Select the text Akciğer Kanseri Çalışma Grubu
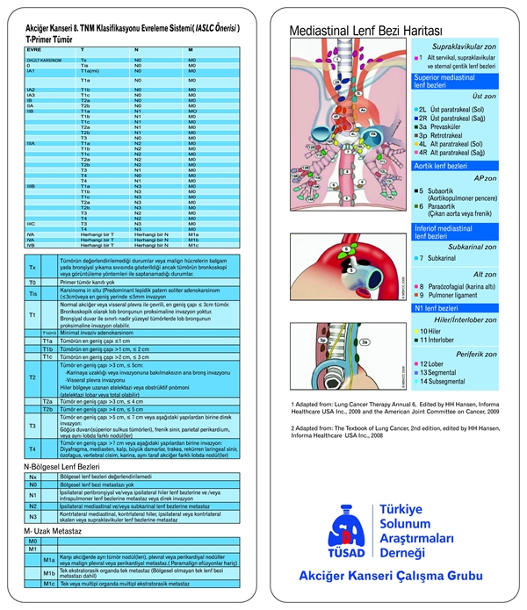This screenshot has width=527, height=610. coord(390,577)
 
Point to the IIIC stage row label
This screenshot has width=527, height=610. coord(31,223)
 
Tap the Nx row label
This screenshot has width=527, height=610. coord(32,475)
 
